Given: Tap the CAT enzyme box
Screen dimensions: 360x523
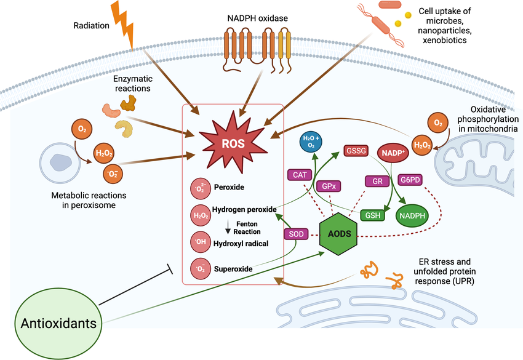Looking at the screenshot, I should pos(300,175).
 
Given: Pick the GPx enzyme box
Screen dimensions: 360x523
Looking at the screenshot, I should pos(328,185).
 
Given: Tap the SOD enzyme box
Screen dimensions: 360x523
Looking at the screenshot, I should pos(295,234).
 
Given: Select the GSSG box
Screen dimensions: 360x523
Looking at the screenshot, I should pos(356,150).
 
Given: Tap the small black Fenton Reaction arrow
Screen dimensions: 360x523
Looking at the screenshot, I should pos(228,228).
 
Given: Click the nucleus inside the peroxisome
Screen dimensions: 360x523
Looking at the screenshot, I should pos(60,161).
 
